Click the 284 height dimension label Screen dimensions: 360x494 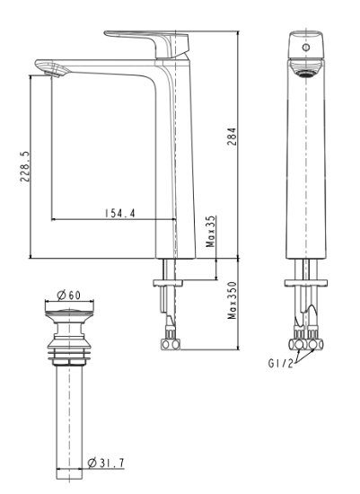click(x=232, y=137)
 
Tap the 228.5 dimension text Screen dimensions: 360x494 click(x=25, y=166)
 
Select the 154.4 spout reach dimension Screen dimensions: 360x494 click(x=119, y=213)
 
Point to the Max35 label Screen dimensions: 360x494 click(x=211, y=231)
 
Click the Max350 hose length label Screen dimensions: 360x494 click(x=233, y=300)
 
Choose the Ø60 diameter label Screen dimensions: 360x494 click(x=68, y=296)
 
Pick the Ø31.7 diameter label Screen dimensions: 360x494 click(x=106, y=463)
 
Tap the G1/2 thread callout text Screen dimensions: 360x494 click(x=280, y=363)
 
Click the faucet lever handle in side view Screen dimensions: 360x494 click(x=146, y=43)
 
